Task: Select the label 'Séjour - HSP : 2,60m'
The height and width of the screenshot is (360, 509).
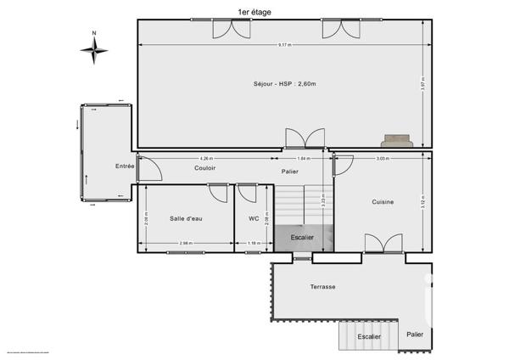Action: [x=281, y=83]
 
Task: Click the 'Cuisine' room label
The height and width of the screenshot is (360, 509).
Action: [x=383, y=202]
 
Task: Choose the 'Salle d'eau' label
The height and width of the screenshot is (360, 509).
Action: [x=187, y=219]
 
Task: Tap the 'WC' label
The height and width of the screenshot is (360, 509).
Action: [x=254, y=219]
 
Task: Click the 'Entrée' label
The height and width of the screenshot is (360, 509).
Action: [x=125, y=166]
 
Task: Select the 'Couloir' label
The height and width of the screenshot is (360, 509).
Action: [x=204, y=168]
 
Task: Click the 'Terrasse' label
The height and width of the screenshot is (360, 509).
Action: [x=322, y=287]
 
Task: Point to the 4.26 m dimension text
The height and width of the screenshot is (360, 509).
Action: [x=205, y=159]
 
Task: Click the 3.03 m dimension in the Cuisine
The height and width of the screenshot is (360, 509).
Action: [x=383, y=159]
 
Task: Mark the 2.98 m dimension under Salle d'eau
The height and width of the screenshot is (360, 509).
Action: [x=186, y=244]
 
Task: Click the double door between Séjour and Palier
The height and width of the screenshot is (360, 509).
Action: [x=305, y=139]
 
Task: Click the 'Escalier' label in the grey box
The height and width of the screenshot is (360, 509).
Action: [x=303, y=238]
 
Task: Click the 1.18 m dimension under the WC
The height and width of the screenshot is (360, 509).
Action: [x=254, y=244]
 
